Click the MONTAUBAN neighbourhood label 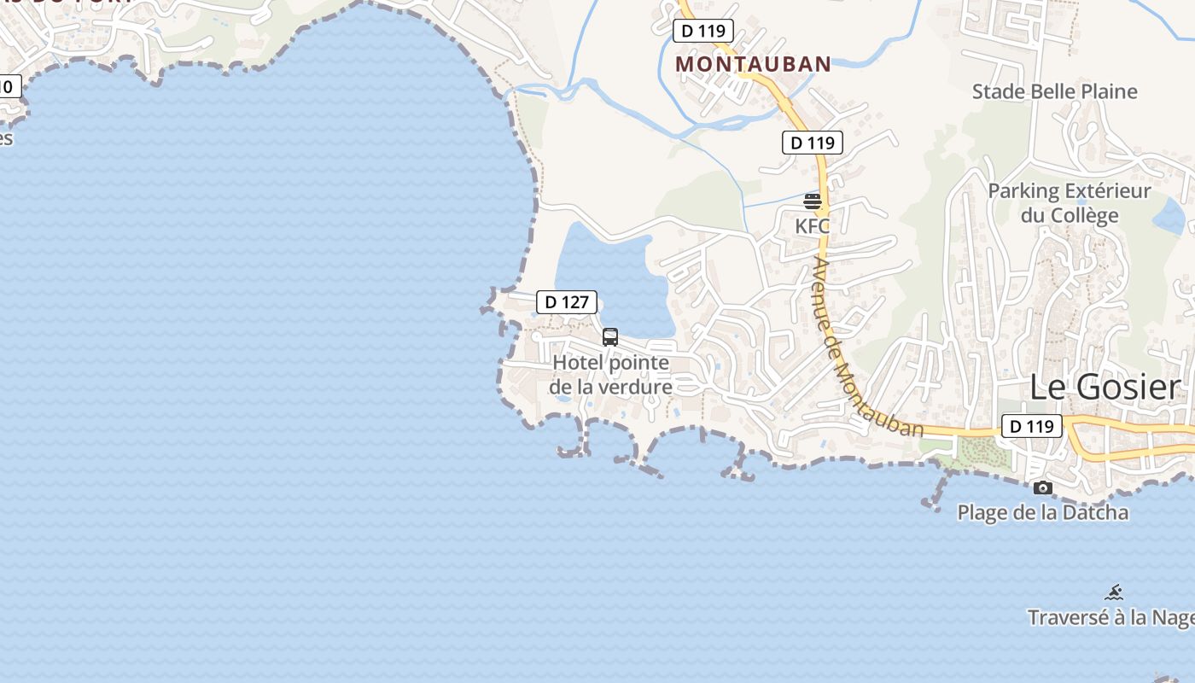[753, 64]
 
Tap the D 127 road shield [567, 301]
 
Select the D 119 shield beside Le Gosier [1031, 425]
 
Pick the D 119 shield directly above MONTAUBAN [703, 32]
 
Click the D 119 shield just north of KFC [813, 143]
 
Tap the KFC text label [813, 226]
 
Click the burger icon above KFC [813, 201]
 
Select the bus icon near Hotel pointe [610, 336]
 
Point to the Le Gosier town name [1105, 387]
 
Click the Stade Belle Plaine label [1055, 91]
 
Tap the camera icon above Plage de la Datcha [1042, 488]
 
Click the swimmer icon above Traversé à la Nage [1113, 592]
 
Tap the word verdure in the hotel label [636, 387]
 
